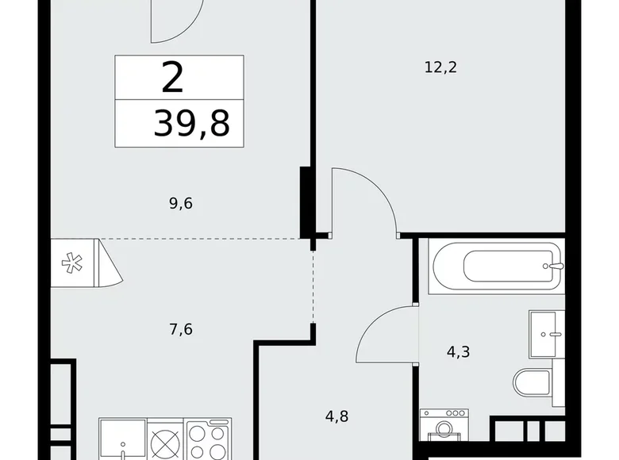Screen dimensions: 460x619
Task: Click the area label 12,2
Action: click(441, 67)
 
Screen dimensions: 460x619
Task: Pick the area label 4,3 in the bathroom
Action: click(458, 351)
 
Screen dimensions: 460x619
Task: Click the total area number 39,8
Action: click(191, 124)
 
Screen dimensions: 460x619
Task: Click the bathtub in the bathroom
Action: click(495, 265)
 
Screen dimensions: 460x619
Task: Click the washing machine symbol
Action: click(444, 433)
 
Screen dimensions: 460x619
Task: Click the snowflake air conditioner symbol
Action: click(71, 263)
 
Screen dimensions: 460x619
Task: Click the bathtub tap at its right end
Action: click(556, 265)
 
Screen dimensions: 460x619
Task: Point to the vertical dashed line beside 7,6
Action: click(313, 286)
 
